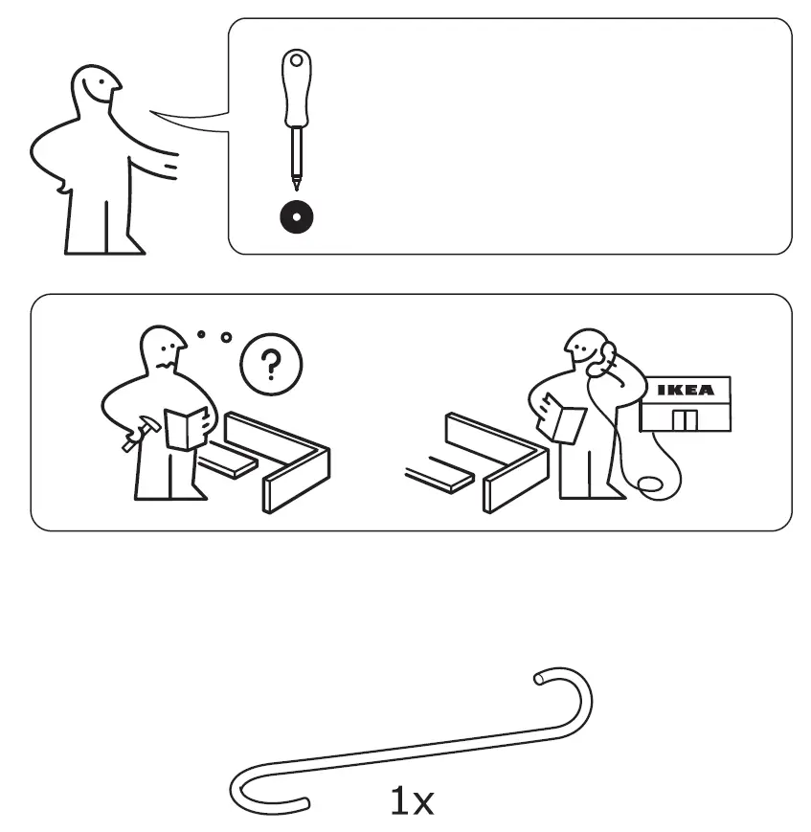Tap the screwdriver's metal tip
(x=297, y=180)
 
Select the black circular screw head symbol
(x=297, y=217)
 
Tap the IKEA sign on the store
(x=686, y=391)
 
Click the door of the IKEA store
(x=684, y=419)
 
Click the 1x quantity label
(x=413, y=801)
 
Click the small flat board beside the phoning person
(x=440, y=475)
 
